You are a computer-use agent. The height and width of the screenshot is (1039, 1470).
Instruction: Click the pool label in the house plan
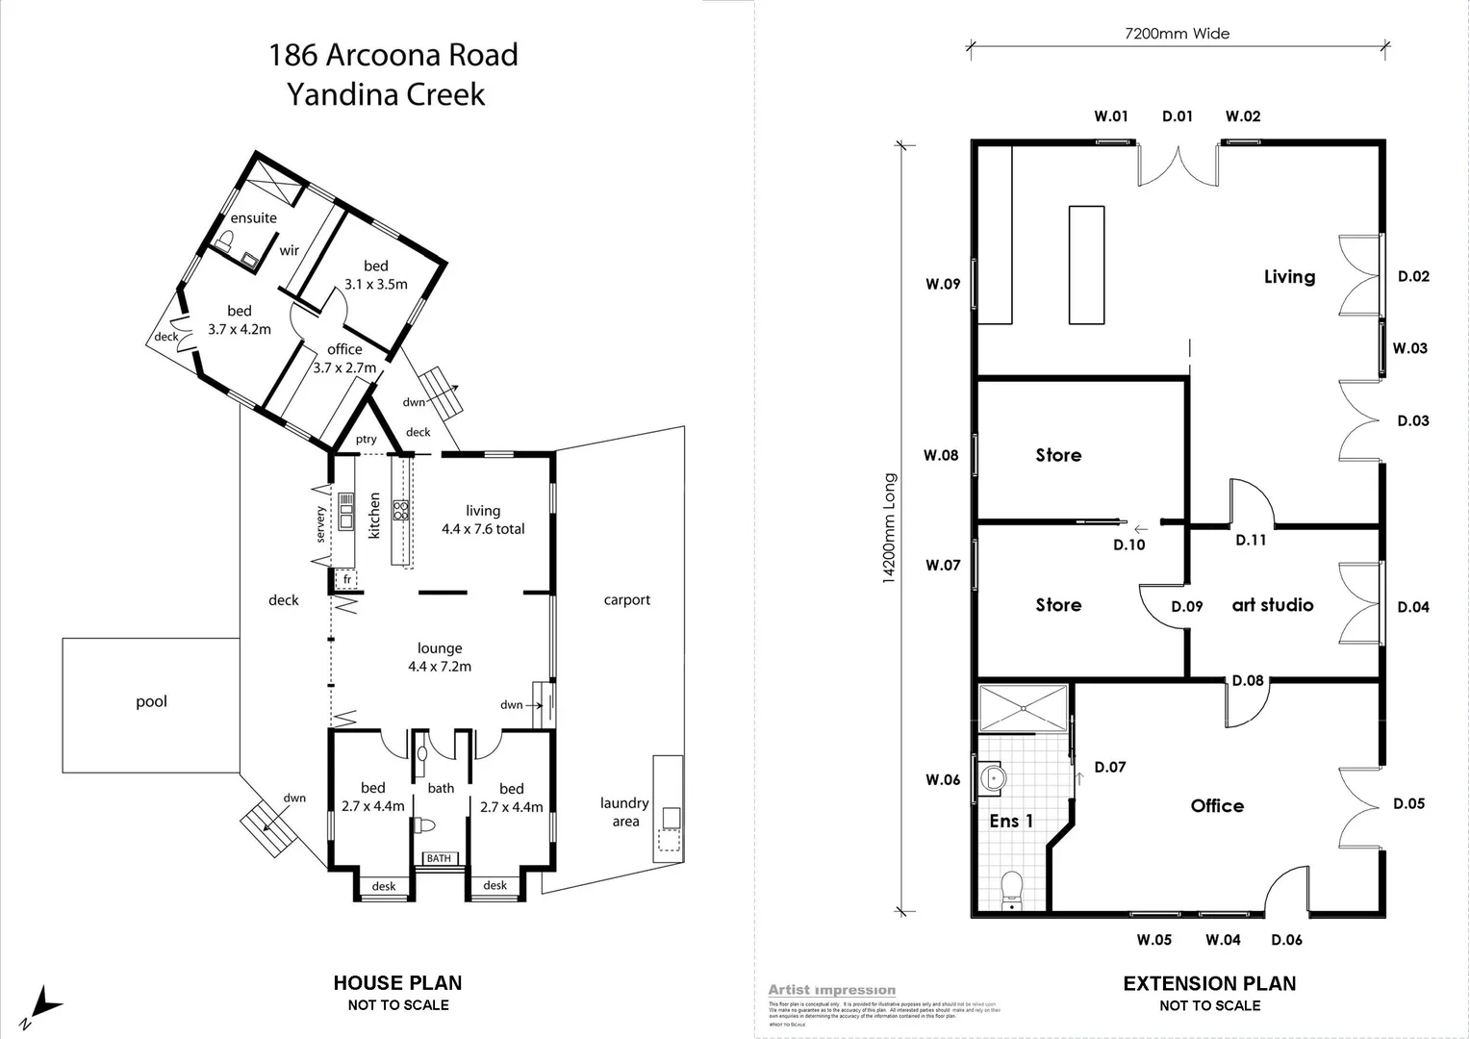click(151, 701)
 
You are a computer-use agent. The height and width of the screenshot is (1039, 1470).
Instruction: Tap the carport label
click(626, 599)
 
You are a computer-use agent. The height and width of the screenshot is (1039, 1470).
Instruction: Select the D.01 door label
click(1177, 116)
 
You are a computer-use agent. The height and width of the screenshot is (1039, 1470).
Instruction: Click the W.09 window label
click(943, 284)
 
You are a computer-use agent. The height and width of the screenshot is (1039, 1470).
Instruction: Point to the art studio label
click(1272, 605)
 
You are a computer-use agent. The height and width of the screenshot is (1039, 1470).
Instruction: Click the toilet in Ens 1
click(1011, 889)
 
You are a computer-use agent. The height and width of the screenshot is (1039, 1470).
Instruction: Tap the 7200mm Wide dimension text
click(1177, 34)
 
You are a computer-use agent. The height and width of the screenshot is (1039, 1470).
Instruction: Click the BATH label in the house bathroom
click(439, 858)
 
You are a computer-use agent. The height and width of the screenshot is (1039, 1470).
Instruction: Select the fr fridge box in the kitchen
click(346, 579)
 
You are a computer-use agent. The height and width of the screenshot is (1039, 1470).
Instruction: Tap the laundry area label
click(624, 812)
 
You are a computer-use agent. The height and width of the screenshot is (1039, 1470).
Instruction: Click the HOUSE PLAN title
click(397, 983)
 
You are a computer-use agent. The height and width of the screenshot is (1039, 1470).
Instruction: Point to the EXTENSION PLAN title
click(1209, 983)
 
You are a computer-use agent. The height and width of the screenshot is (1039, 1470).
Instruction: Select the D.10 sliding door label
click(1128, 545)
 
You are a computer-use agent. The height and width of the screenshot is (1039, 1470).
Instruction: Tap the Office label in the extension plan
click(1217, 806)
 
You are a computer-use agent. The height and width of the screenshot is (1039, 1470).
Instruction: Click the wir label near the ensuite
click(289, 250)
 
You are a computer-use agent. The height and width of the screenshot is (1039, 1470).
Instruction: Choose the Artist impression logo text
click(831, 990)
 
